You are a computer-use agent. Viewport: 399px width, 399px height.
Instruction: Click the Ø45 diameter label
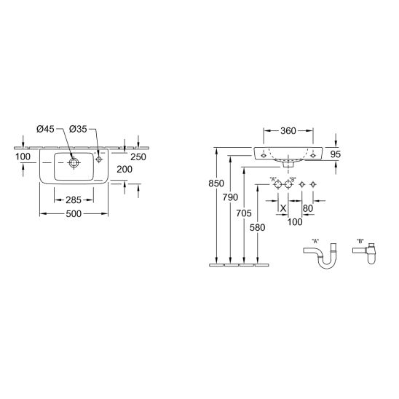point(45,129)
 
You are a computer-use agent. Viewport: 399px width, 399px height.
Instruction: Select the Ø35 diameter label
point(78,129)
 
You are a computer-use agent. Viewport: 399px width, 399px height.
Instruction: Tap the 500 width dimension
point(74,214)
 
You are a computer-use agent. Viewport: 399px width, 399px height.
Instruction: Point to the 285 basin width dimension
point(74,200)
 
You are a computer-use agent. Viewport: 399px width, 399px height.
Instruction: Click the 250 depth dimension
point(138,157)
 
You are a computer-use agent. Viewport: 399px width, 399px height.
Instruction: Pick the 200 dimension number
point(125,169)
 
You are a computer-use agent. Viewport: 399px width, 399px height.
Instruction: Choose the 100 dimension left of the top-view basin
point(23,157)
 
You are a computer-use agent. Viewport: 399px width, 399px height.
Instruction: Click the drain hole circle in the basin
point(74,162)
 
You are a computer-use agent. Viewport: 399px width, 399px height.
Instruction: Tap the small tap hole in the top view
point(99,159)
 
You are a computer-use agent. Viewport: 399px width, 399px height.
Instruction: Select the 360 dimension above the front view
point(288,131)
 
